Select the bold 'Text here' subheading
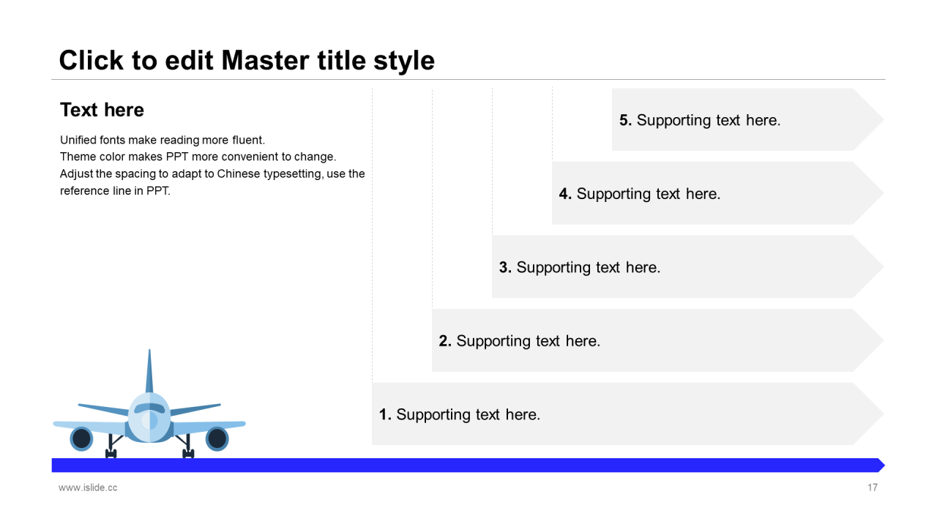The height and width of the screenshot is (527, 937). click(x=102, y=110)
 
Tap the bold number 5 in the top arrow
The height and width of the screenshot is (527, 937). click(x=625, y=121)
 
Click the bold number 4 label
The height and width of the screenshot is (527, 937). click(x=565, y=194)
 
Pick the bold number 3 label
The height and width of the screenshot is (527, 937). click(x=505, y=268)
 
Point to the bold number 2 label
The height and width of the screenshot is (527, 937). click(x=445, y=341)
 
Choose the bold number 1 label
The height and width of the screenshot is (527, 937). click(x=385, y=415)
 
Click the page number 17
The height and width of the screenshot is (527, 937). click(x=873, y=487)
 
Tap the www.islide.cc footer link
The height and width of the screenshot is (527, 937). click(x=88, y=487)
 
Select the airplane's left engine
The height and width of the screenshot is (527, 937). click(x=81, y=438)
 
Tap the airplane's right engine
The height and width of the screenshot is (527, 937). click(x=217, y=438)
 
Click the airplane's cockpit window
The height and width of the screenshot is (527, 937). click(x=149, y=408)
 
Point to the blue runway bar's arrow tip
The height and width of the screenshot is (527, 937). click(x=885, y=465)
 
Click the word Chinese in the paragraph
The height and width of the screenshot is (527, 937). click(x=239, y=173)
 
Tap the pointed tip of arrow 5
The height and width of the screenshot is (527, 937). click(x=884, y=119)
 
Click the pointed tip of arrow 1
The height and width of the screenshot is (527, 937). click(x=884, y=414)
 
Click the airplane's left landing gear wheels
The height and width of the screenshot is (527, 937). click(x=111, y=453)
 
